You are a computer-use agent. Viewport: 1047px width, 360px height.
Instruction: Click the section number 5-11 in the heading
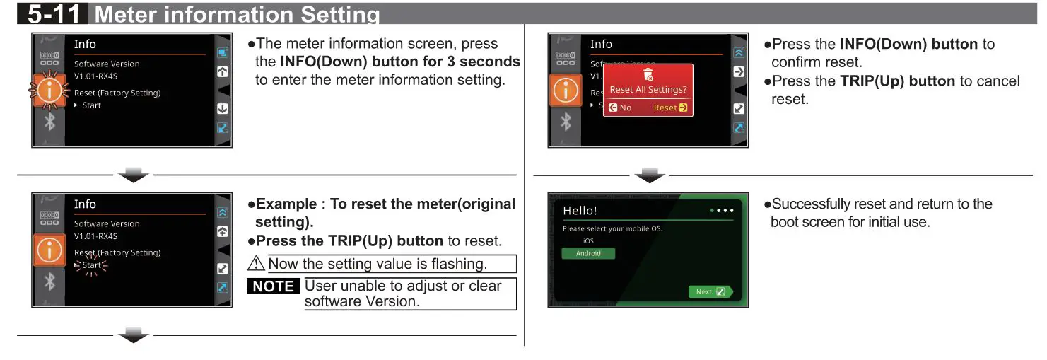point(54,13)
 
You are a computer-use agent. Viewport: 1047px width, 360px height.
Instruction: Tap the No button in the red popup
point(621,108)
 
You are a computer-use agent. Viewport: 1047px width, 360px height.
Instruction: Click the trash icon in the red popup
point(648,74)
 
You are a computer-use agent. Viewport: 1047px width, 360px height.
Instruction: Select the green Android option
point(588,253)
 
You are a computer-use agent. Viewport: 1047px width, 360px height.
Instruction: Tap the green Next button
point(710,291)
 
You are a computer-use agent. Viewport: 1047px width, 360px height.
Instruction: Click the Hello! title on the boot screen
point(580,211)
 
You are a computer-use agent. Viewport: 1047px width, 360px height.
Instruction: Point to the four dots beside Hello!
point(720,211)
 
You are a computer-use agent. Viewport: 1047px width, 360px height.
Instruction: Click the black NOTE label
point(274,286)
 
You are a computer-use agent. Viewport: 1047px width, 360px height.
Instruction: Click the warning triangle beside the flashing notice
point(256,264)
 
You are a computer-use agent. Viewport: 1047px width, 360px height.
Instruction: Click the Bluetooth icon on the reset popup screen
point(566,122)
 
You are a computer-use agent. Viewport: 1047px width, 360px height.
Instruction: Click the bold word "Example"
point(286,204)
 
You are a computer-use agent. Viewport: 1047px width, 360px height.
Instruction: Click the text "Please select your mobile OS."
point(612,229)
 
